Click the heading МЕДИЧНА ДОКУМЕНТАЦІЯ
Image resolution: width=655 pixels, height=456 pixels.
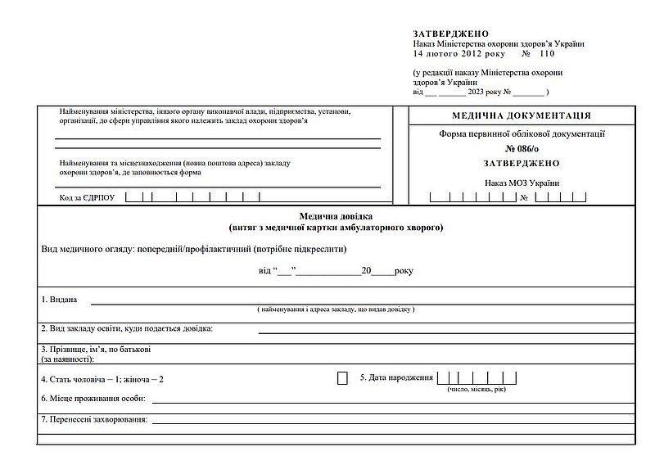521,115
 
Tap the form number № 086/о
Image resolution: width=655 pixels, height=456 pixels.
522,149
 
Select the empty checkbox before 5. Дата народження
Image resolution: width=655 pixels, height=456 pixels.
342,378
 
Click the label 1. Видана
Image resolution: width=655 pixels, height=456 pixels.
59,300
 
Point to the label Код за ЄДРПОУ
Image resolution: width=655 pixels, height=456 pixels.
88,197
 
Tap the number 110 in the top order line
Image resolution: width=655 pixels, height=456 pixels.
547,53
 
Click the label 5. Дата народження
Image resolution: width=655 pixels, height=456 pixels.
396,378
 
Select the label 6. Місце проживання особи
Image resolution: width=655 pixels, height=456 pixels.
93,399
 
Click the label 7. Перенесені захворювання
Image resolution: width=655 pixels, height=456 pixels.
94,420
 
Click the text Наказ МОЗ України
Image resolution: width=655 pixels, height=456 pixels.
522,183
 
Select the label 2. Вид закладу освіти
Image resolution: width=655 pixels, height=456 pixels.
126,328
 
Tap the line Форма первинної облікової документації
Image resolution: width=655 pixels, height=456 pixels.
522,134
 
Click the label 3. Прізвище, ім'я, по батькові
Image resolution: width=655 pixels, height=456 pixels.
96,350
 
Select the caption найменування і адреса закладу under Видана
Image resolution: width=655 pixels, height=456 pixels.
336,310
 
